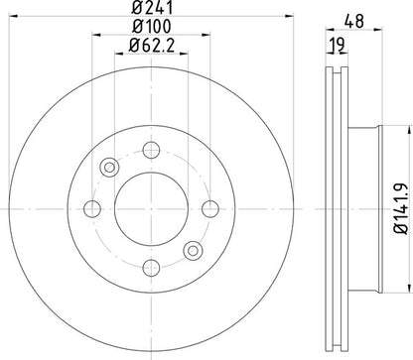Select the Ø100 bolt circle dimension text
point(150,29)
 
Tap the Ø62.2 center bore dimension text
point(150,47)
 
